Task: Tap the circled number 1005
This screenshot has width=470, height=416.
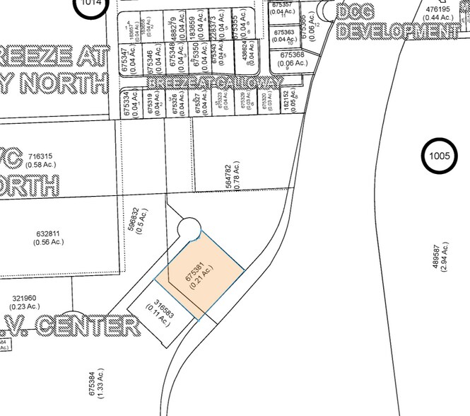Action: (x=441, y=155)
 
